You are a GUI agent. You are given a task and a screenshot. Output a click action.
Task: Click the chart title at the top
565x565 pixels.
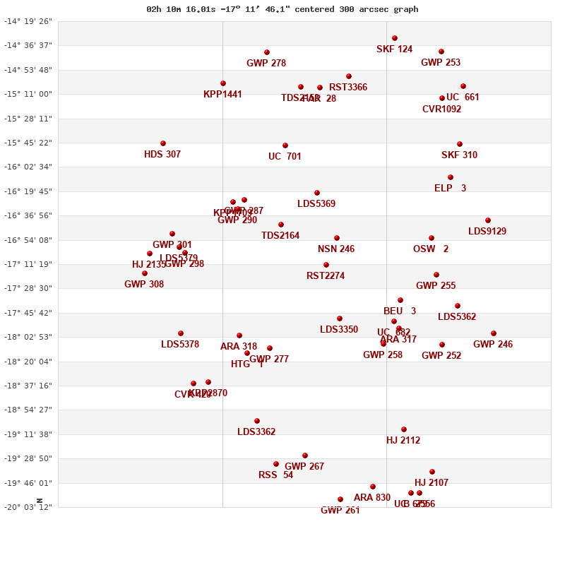pyautogui.click(x=282, y=9)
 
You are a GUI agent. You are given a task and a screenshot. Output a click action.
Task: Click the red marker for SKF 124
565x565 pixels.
pyautogui.click(x=395, y=38)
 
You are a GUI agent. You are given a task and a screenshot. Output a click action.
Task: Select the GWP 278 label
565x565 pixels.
pyautogui.click(x=266, y=63)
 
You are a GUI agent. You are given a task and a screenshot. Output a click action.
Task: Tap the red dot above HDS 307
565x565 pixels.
pyautogui.click(x=163, y=143)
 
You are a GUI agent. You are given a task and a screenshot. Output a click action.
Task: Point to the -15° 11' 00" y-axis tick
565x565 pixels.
pyautogui.click(x=28, y=94)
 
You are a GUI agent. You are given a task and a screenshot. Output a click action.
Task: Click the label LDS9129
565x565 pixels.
pyautogui.click(x=487, y=231)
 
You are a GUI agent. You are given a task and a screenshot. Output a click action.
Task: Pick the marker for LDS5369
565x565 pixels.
pyautogui.click(x=317, y=193)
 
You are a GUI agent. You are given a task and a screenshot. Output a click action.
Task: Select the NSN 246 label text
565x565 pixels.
pyautogui.click(x=336, y=249)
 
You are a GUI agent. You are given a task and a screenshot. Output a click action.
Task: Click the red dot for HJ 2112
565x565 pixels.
pyautogui.click(x=404, y=429)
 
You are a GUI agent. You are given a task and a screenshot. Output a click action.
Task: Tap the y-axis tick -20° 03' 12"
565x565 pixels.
pyautogui.click(x=28, y=507)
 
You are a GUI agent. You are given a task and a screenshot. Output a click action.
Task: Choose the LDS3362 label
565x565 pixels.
pyautogui.click(x=256, y=432)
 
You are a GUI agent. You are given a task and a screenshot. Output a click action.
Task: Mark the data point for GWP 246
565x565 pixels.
pyautogui.click(x=494, y=333)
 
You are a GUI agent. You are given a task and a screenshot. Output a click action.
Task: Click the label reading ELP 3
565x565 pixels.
pyautogui.click(x=450, y=188)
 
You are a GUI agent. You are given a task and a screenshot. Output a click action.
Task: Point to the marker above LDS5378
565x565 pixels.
pyautogui.click(x=181, y=333)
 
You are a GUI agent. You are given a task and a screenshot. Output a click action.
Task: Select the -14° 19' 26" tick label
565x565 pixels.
pyautogui.click(x=28, y=21)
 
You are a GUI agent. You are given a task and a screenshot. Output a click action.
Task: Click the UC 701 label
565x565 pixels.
pyautogui.click(x=285, y=156)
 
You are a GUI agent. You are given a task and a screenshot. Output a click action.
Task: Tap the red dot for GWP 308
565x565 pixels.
pyautogui.click(x=145, y=273)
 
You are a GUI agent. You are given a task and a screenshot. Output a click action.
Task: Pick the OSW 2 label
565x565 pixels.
pyautogui.click(x=431, y=249)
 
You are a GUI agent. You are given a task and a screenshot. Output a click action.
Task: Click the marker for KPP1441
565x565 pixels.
pyautogui.click(x=223, y=83)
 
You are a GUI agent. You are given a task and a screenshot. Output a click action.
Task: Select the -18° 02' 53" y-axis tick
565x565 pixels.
pyautogui.click(x=28, y=337)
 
